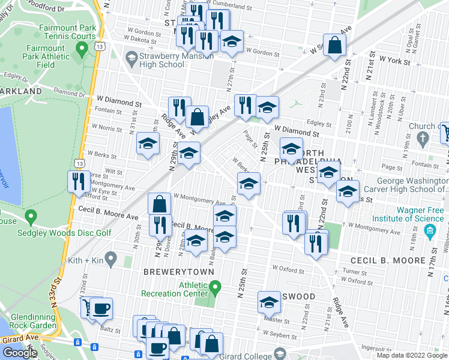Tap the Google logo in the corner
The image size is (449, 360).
point(20,353)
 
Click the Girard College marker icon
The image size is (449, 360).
point(279,354)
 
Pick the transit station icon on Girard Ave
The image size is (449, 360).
point(77,342)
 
